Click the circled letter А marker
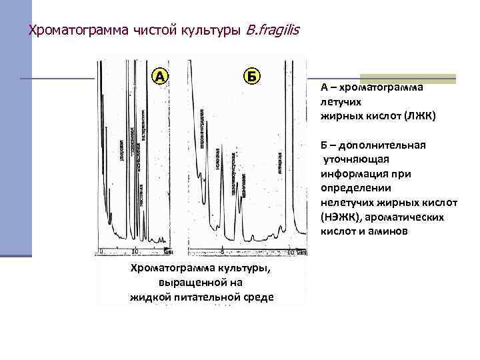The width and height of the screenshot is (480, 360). point(161,75)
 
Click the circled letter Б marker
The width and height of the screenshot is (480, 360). point(251,75)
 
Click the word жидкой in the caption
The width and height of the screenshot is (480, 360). point(150,297)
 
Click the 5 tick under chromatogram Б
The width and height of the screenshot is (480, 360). point(221,253)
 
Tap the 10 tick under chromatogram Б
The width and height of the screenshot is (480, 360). point(291,253)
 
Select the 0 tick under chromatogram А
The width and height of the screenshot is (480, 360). point(101,251)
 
